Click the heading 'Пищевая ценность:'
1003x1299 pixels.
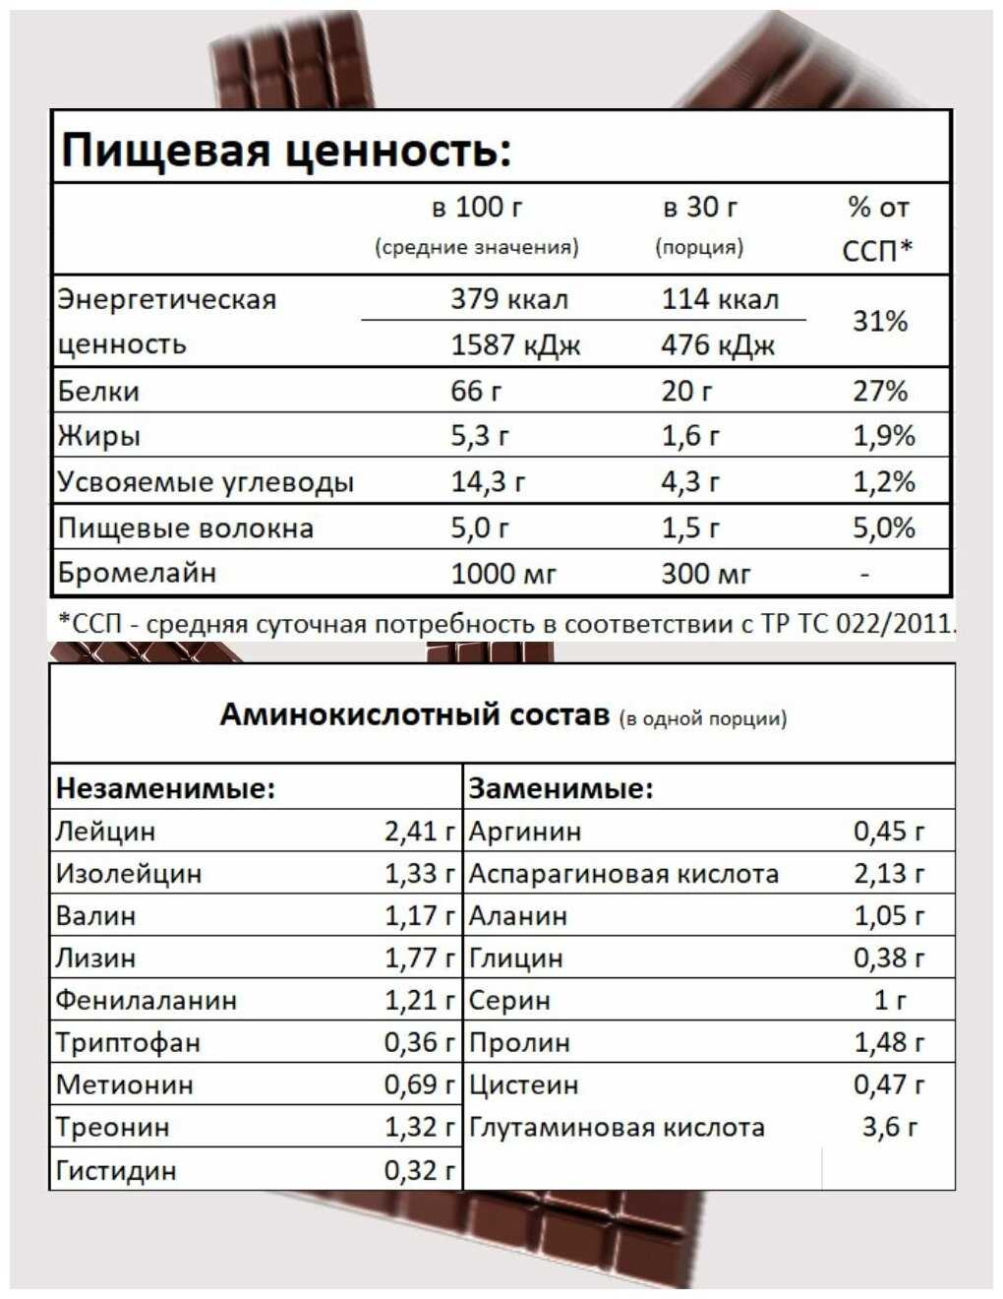(x=286, y=151)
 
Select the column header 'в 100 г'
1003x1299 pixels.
(x=477, y=208)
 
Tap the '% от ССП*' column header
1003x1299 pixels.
(x=878, y=227)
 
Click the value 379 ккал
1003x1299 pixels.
(x=508, y=299)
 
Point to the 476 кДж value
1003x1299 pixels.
(x=718, y=345)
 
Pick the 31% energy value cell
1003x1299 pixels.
(x=879, y=321)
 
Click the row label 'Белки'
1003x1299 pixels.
(x=98, y=392)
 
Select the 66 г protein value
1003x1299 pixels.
(x=476, y=392)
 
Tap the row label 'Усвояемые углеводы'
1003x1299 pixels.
(x=206, y=482)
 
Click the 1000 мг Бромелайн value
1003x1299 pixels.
(x=503, y=574)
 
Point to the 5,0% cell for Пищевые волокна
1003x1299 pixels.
(x=883, y=528)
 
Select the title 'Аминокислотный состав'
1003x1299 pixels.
(x=414, y=714)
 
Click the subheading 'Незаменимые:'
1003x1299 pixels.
(x=165, y=788)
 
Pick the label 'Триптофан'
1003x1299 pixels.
(x=128, y=1043)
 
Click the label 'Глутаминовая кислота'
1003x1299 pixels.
(x=617, y=1128)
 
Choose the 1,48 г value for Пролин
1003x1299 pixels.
(x=889, y=1043)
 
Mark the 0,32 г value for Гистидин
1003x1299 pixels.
(x=420, y=1170)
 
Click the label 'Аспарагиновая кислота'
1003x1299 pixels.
(x=623, y=874)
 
